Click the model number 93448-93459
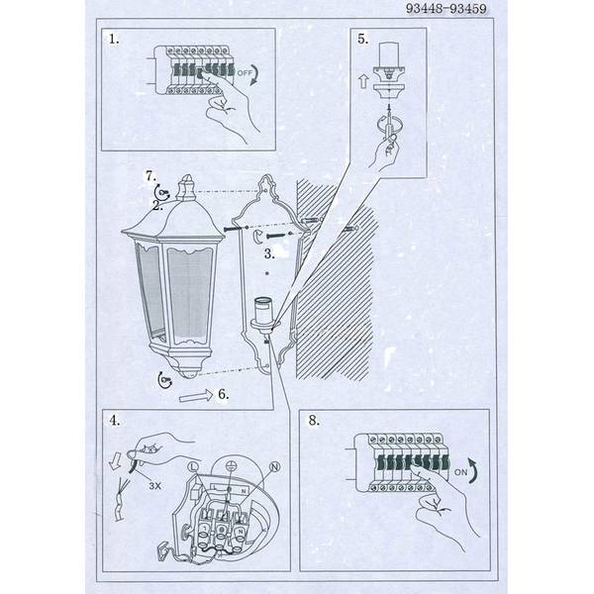(x=445, y=8)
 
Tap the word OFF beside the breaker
(x=245, y=72)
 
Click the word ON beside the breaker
(x=460, y=472)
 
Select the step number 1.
(x=114, y=39)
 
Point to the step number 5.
(x=363, y=39)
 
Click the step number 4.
(x=115, y=421)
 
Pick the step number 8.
(x=314, y=420)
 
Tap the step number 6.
(x=224, y=394)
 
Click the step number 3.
(x=269, y=253)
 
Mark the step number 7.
(x=151, y=176)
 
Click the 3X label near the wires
(x=155, y=486)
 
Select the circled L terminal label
(x=193, y=467)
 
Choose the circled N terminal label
(x=274, y=467)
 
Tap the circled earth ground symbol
(x=230, y=466)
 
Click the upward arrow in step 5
(x=363, y=81)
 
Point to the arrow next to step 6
(x=196, y=396)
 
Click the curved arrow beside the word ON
(x=474, y=470)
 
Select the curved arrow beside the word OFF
(x=255, y=75)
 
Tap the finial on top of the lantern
(x=186, y=188)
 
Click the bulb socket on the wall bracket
(x=262, y=315)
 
